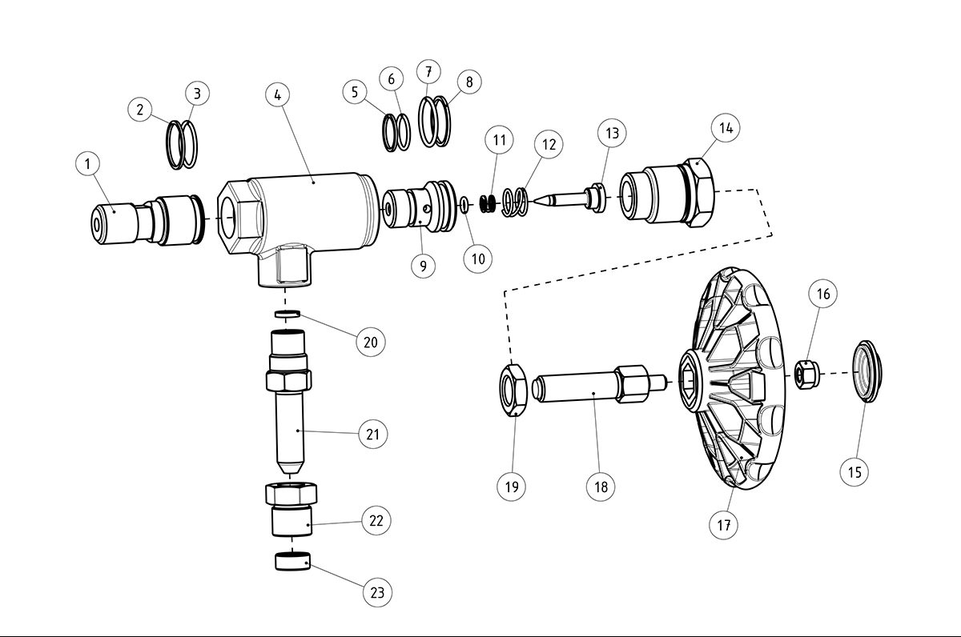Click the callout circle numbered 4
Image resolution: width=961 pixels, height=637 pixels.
click(277, 95)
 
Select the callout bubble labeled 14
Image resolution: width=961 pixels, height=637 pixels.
click(726, 128)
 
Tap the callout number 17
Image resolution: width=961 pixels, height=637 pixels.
click(724, 525)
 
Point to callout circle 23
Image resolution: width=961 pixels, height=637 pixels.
click(377, 593)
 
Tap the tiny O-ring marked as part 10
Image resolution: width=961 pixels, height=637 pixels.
click(464, 206)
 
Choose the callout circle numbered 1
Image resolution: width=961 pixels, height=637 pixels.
click(88, 164)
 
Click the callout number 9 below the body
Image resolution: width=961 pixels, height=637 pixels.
click(424, 265)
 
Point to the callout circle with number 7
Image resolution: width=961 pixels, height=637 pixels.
click(428, 71)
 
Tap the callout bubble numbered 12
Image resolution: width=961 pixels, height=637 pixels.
click(549, 145)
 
